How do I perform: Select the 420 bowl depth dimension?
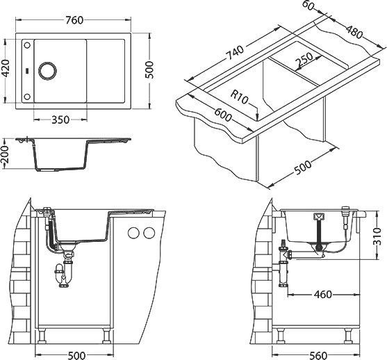point(6,69)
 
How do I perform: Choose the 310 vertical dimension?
point(377,238)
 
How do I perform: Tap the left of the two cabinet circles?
point(133,231)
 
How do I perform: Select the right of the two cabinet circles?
point(147,231)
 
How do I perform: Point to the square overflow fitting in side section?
point(319,215)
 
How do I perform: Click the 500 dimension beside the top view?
point(149,69)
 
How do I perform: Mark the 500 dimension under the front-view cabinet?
point(76,354)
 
